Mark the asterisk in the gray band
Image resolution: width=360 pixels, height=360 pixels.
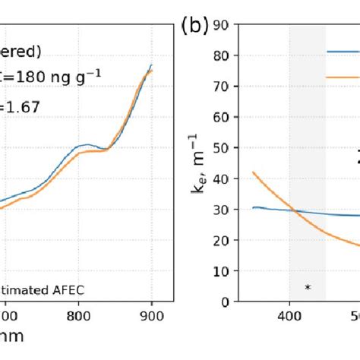308,287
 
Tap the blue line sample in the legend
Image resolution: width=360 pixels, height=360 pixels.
343,52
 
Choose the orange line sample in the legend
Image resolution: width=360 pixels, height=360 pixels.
343,77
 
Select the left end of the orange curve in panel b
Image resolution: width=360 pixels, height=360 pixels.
253,173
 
